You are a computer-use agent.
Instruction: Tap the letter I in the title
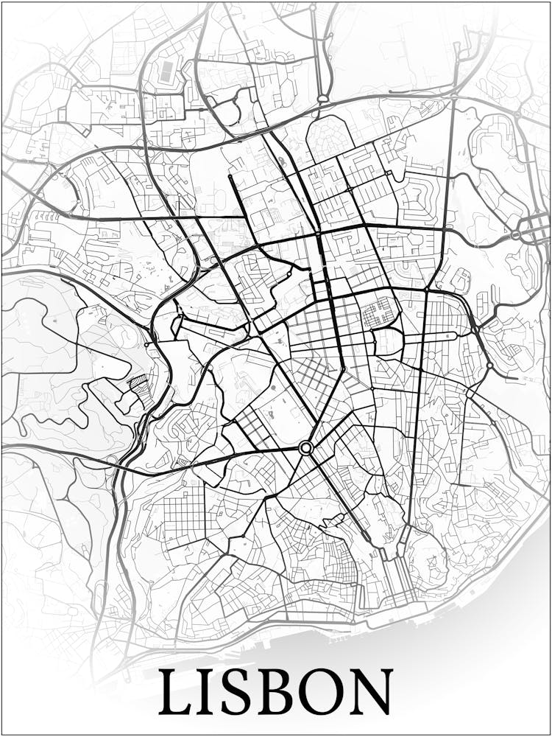click(x=212, y=693)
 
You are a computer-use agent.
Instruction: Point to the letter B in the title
click(x=283, y=693)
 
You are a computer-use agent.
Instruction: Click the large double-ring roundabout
click(x=306, y=447)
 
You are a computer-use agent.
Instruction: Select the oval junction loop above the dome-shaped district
click(x=323, y=98)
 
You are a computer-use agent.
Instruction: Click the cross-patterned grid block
click(x=380, y=312)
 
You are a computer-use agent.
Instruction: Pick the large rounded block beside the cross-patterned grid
click(x=388, y=341)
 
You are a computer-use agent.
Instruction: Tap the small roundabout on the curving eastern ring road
click(x=489, y=365)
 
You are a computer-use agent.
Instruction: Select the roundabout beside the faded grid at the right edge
click(x=517, y=234)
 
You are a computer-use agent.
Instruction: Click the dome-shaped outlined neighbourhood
click(x=330, y=136)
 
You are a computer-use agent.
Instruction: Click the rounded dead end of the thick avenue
click(x=230, y=177)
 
